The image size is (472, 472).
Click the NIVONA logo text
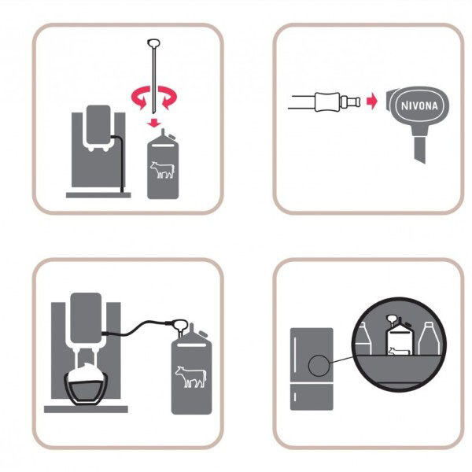419,106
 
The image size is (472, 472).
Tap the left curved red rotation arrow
140,97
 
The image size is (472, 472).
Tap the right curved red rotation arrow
168,97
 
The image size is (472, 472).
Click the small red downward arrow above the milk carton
154,122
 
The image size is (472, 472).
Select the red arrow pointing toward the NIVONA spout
372,101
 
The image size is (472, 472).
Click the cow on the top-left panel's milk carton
162,170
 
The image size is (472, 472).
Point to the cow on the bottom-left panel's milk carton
191,377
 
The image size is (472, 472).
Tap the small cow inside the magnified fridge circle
399,351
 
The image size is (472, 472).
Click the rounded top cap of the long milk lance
153,43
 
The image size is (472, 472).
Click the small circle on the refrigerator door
319,366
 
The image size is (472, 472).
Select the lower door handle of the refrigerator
295,397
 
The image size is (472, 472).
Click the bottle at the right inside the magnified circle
429,338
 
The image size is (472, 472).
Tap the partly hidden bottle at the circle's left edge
363,339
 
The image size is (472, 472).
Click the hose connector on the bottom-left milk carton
179,326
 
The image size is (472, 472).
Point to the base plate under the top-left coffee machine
98,195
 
